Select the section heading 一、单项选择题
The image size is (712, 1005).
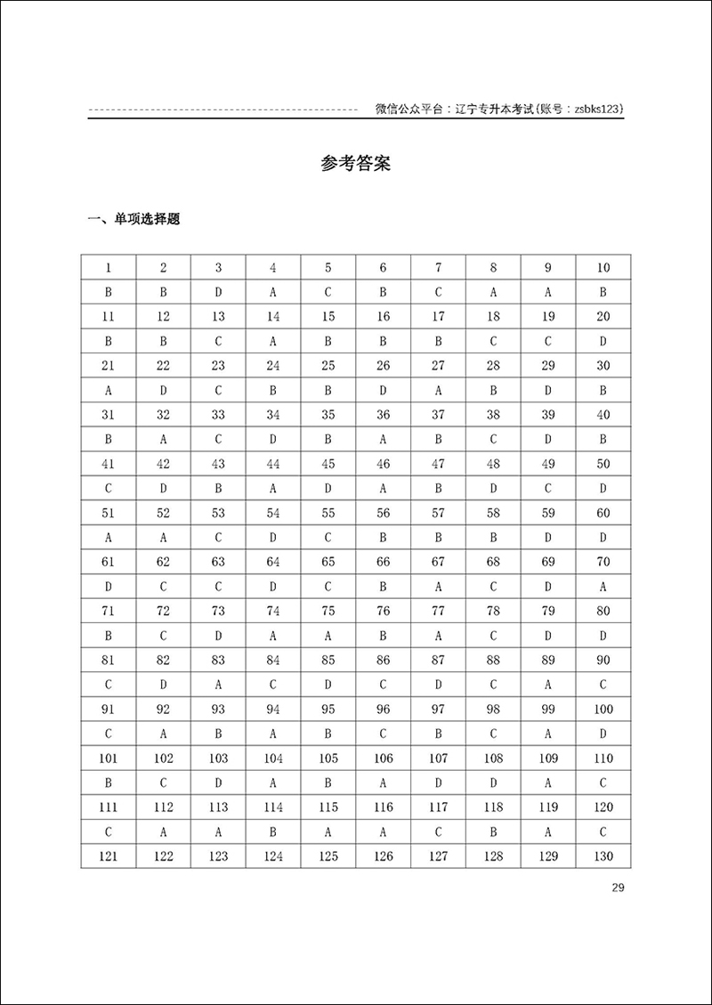click(133, 219)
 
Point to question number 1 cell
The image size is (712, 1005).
click(108, 268)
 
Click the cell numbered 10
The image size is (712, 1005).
click(603, 268)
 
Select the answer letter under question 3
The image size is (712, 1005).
click(218, 292)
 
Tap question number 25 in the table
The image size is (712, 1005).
click(328, 366)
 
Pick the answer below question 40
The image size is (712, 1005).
click(603, 439)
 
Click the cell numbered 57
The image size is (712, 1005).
click(438, 513)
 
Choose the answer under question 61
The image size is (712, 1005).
click(108, 587)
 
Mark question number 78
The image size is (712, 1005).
click(492, 611)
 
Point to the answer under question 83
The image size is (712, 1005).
click(218, 685)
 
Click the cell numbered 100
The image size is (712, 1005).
click(603, 709)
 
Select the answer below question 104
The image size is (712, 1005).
click(272, 782)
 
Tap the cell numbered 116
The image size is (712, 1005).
click(383, 806)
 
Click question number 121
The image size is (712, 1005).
click(108, 855)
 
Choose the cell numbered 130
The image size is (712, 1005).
click(603, 855)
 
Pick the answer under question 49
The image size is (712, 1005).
click(547, 488)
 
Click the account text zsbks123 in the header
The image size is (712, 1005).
click(595, 109)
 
